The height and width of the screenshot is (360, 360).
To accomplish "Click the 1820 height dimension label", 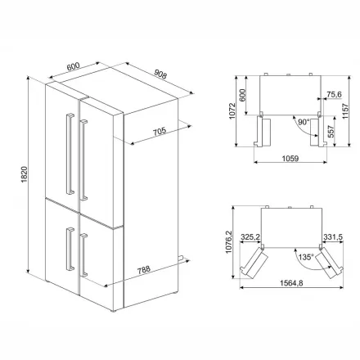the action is (x=25, y=174).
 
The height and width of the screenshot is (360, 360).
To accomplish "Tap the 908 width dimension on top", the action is (x=160, y=74).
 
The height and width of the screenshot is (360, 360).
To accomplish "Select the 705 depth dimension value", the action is (x=160, y=132).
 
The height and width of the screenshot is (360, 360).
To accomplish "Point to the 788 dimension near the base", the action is (x=144, y=270).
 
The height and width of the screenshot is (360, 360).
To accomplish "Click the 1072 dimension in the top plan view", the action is (x=232, y=111).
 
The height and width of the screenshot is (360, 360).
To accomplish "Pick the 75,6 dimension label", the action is (x=334, y=94).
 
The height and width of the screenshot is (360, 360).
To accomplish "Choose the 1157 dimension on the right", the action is (x=345, y=111).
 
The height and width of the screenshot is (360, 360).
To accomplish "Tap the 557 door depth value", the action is (x=331, y=132).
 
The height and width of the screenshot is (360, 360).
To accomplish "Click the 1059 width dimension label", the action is (x=290, y=158).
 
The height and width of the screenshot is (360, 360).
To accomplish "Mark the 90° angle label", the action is (x=304, y=122).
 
